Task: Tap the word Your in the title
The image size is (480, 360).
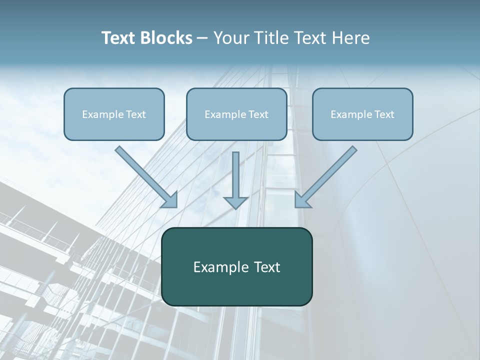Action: pos(233,38)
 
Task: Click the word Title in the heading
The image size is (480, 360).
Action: pos(272,38)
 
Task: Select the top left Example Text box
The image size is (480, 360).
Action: pos(114,114)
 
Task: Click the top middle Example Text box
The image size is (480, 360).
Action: pos(236,114)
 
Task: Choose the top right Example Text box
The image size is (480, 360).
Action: pos(362,114)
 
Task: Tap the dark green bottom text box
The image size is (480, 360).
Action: pos(236,266)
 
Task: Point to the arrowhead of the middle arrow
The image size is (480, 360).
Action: pos(236,202)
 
